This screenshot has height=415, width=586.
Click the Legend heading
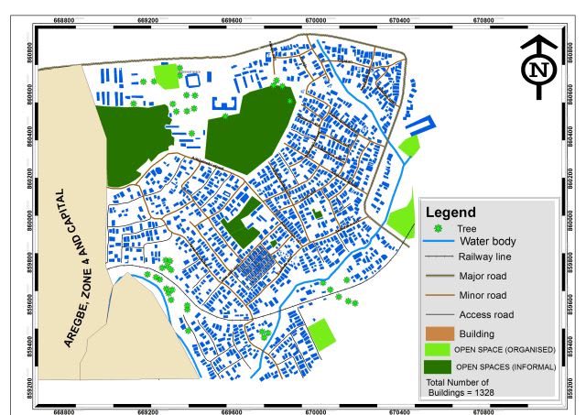[455, 212]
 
